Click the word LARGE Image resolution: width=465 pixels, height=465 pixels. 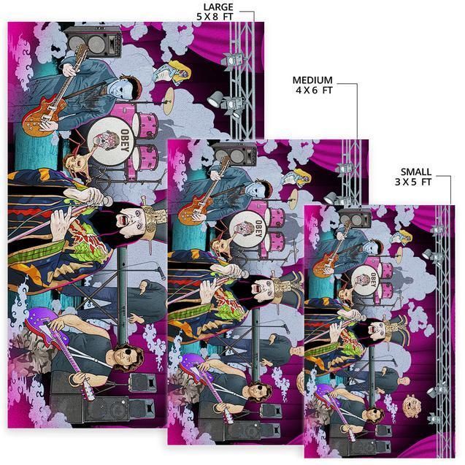pyautogui.click(x=218, y=7)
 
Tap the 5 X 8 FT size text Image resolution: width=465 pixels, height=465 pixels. pyautogui.click(x=215, y=17)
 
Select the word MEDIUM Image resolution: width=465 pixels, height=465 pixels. pyautogui.click(x=312, y=80)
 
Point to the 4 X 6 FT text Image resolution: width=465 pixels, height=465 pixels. pyautogui.click(x=314, y=90)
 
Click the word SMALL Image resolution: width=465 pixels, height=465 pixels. pyautogui.click(x=416, y=172)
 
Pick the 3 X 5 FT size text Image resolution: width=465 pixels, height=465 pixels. pyautogui.click(x=413, y=182)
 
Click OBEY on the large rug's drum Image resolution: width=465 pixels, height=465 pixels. pyautogui.click(x=125, y=140)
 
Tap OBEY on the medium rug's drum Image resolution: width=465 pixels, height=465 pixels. pyautogui.click(x=258, y=228)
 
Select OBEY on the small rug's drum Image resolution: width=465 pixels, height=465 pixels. pyautogui.click(x=373, y=280)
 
